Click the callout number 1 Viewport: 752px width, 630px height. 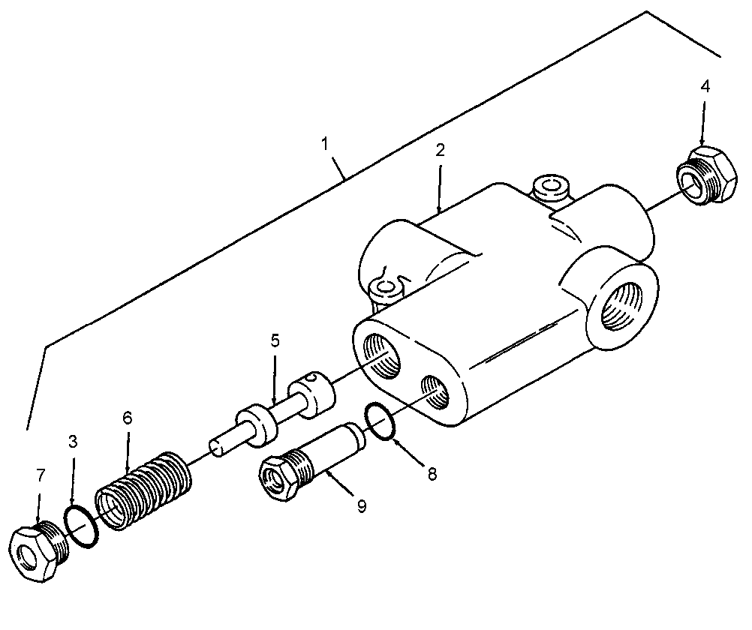click(325, 143)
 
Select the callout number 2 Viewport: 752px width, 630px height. click(440, 151)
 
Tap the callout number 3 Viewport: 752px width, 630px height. click(73, 442)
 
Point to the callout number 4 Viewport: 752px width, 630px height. click(705, 86)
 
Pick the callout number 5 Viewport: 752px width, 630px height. click(275, 341)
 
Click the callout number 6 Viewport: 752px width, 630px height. click(127, 418)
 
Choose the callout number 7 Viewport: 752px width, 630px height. click(41, 475)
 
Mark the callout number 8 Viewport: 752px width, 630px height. click(432, 474)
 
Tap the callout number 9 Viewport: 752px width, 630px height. click(362, 505)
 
